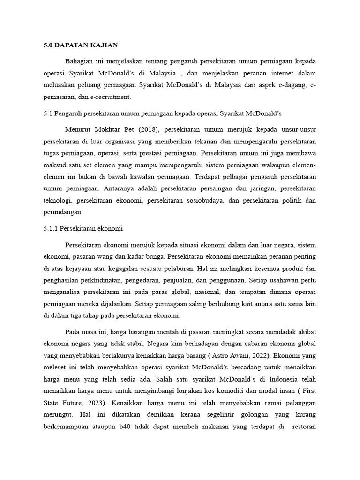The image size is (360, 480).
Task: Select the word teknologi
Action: tap(57, 200)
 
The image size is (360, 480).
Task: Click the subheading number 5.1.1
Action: tap(50, 228)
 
